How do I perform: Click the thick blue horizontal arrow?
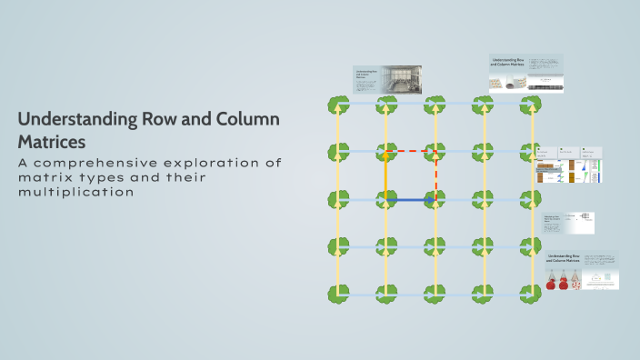tap(410, 199)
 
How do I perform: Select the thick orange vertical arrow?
tap(385, 175)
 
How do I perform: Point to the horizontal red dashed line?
tap(411, 151)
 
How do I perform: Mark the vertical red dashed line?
tap(435, 175)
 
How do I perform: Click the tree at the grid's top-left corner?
tap(338, 104)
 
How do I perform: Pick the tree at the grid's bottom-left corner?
tap(338, 294)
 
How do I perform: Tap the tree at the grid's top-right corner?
tap(530, 104)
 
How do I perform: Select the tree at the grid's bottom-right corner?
tap(530, 294)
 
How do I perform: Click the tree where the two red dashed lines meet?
tap(435, 151)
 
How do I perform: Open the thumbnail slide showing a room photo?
tap(387, 79)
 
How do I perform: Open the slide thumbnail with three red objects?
tap(582, 271)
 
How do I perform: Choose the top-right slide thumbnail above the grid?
tap(526, 73)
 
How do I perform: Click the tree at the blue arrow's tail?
tap(386, 199)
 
